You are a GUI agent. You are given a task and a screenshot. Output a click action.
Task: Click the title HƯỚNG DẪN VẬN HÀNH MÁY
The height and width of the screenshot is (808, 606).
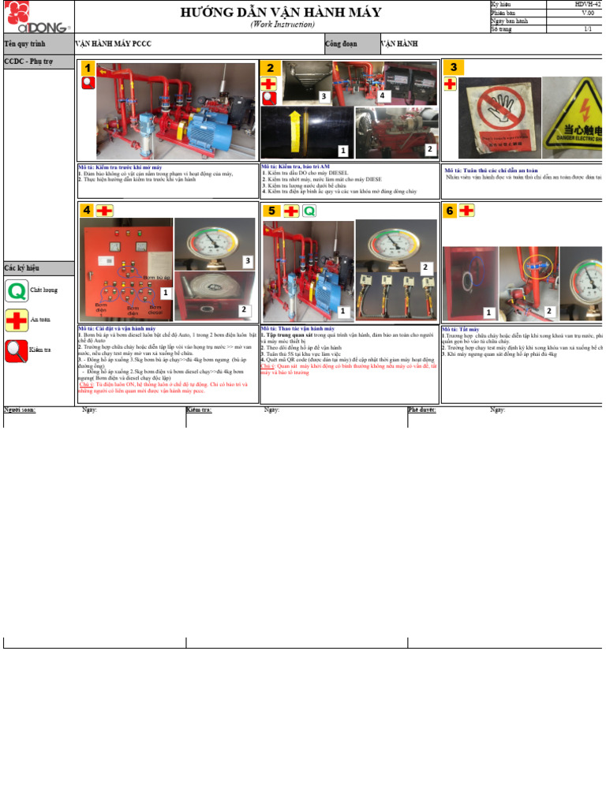(281, 12)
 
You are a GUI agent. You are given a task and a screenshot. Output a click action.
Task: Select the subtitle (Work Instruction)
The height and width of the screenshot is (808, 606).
(281, 24)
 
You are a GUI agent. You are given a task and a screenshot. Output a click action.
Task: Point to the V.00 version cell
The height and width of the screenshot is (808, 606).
(588, 13)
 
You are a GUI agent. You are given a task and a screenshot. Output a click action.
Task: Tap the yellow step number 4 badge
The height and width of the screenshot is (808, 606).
(87, 210)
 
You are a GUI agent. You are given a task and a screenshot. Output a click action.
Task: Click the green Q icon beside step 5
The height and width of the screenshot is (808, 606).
(309, 211)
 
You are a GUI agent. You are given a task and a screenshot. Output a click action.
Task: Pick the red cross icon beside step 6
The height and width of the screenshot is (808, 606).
(467, 210)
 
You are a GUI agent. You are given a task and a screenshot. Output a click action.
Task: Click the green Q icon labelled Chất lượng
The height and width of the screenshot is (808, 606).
(15, 291)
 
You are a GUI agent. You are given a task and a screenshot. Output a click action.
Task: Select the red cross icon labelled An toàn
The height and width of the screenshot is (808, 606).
(15, 320)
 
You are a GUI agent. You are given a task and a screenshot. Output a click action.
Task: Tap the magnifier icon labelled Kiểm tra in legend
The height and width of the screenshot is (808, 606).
(15, 350)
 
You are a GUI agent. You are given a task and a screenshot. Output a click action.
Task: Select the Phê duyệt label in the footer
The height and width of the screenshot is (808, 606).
(421, 410)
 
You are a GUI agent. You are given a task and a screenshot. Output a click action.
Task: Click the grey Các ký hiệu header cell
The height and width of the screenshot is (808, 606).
(39, 267)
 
